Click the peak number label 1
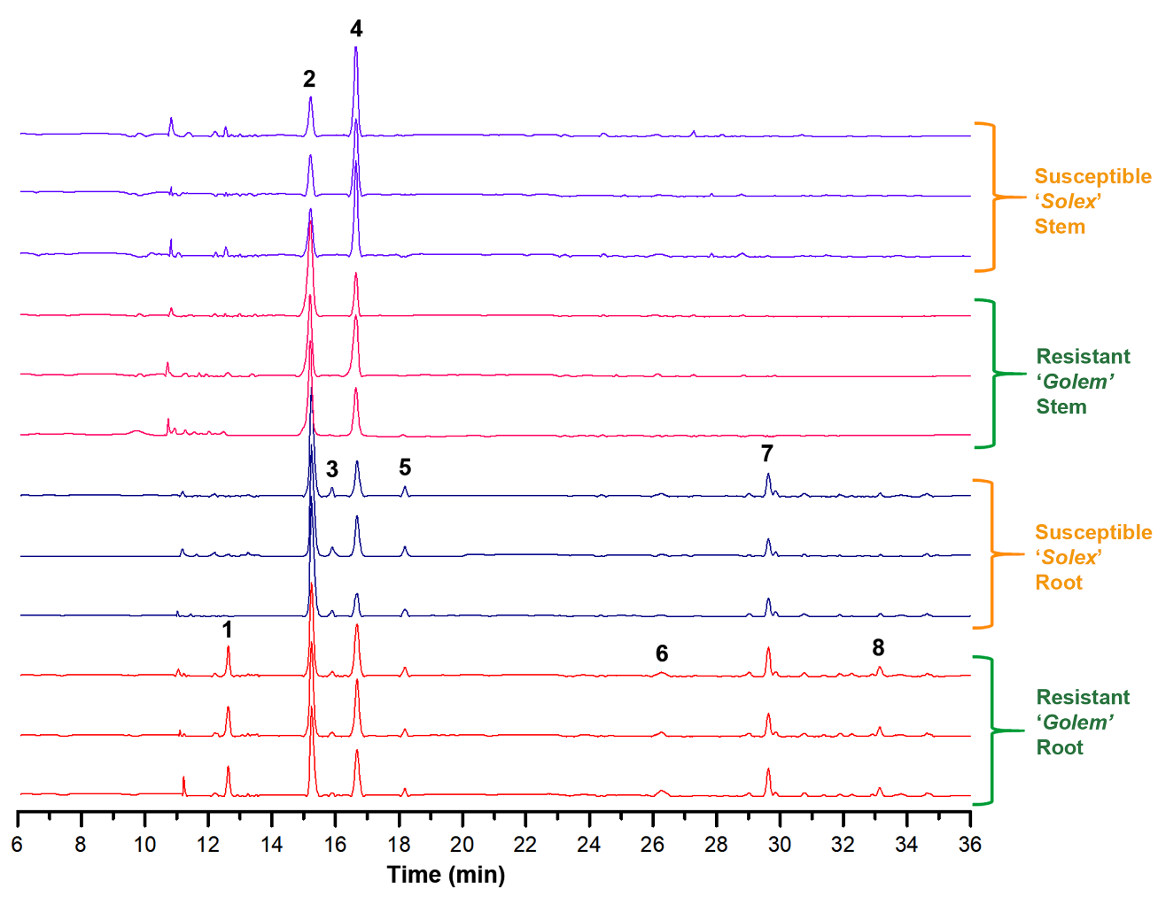pyautogui.click(x=228, y=630)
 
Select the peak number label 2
pyautogui.click(x=309, y=79)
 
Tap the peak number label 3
pyautogui.click(x=332, y=469)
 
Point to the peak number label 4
pyautogui.click(x=356, y=29)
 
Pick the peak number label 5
pyautogui.click(x=405, y=468)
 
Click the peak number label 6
pyautogui.click(x=662, y=653)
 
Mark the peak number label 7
pyautogui.click(x=767, y=453)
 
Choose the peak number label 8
pyautogui.click(x=878, y=648)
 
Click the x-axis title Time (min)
pyautogui.click(x=446, y=875)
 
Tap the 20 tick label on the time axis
pyautogui.click(x=462, y=845)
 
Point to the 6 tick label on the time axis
pyautogui.click(x=17, y=845)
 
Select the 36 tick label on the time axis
pyautogui.click(x=970, y=845)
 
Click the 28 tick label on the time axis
pyautogui.click(x=716, y=845)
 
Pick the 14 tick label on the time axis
pyautogui.click(x=271, y=845)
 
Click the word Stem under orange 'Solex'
pyautogui.click(x=1060, y=227)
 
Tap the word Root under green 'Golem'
pyautogui.click(x=1060, y=747)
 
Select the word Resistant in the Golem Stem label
pyautogui.click(x=1083, y=357)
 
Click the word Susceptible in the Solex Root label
pyautogui.click(x=1093, y=532)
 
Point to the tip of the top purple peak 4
pyautogui.click(x=356, y=47)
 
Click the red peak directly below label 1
pyautogui.click(x=228, y=649)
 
